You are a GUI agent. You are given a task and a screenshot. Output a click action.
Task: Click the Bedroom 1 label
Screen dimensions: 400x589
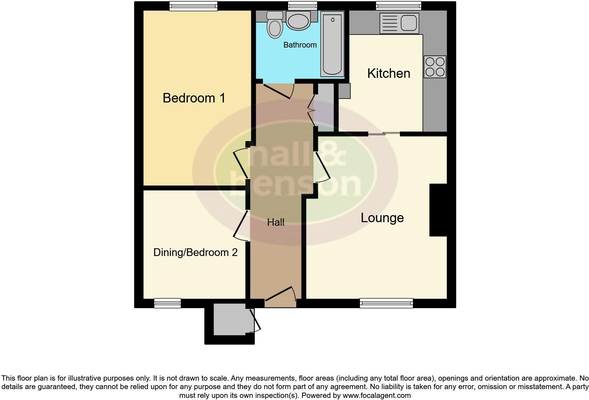pyautogui.click(x=194, y=98)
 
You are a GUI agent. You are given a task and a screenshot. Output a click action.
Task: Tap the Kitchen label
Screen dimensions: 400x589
pyautogui.click(x=389, y=73)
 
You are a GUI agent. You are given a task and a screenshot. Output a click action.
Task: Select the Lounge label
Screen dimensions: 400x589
pyautogui.click(x=382, y=218)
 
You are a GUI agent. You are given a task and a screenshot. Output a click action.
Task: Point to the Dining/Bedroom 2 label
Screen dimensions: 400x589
pyautogui.click(x=196, y=252)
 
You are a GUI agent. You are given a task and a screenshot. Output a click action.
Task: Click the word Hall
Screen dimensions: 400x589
pyautogui.click(x=275, y=222)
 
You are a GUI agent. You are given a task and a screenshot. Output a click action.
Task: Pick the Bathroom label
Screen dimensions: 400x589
pyautogui.click(x=300, y=45)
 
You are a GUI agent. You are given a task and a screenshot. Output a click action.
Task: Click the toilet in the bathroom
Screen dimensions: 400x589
pyautogui.click(x=275, y=25)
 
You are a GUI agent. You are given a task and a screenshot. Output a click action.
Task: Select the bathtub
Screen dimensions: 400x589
pyautogui.click(x=332, y=44)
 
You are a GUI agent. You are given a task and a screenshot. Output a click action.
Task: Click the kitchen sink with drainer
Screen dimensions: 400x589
pyautogui.click(x=399, y=23)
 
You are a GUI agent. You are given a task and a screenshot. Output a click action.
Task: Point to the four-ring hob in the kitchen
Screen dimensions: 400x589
pyautogui.click(x=435, y=67)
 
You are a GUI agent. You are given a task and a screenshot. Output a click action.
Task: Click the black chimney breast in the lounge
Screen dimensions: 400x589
pyautogui.click(x=438, y=210)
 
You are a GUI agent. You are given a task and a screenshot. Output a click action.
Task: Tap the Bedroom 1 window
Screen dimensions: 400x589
pyautogui.click(x=193, y=6)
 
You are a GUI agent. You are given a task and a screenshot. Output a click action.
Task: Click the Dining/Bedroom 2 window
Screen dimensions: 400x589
pyautogui.click(x=167, y=303)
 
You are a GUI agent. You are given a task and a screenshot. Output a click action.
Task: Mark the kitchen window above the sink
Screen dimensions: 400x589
pyautogui.click(x=398, y=6)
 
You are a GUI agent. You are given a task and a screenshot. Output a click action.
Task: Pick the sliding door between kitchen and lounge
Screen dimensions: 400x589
pyautogui.click(x=384, y=134)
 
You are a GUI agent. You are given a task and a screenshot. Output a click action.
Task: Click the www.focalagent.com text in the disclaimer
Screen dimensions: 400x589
pyautogui.click(x=377, y=395)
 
